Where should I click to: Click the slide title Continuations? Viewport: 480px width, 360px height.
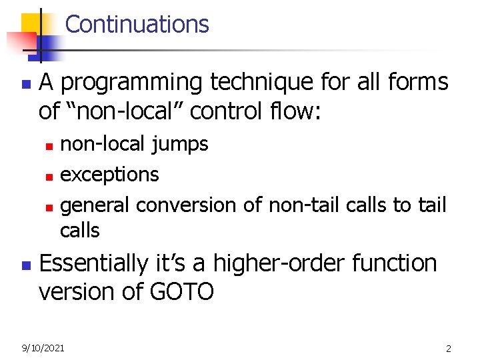[x=137, y=24]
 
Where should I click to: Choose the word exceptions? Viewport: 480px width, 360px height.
[x=109, y=175]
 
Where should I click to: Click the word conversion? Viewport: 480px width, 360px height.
[x=184, y=205]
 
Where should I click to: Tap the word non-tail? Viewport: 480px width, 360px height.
[x=304, y=205]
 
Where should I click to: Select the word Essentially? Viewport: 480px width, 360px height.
[x=99, y=263]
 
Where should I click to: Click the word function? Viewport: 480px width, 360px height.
[x=394, y=263]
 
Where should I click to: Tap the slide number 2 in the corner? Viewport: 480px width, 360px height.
[x=449, y=348]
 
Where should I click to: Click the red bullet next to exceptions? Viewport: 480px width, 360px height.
[x=48, y=176]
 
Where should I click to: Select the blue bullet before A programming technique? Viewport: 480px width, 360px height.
[x=25, y=85]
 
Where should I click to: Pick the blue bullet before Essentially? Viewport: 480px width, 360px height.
[x=25, y=265]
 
